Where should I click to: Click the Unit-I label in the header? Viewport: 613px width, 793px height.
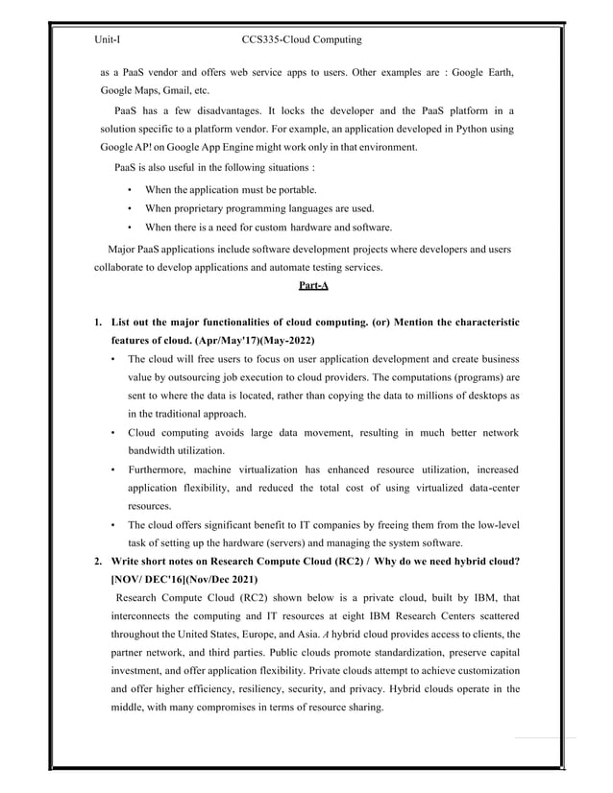[107, 40]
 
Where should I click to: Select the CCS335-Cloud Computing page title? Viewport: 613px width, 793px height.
[302, 40]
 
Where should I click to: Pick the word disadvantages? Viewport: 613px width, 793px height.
[225, 109]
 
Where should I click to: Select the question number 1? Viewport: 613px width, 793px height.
[97, 321]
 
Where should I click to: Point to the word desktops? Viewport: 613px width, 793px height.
[480, 396]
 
